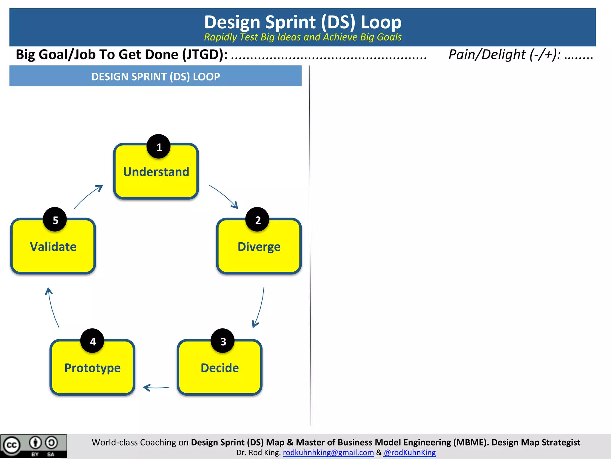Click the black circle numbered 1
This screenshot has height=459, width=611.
(159, 147)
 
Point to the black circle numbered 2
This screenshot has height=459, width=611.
(257, 220)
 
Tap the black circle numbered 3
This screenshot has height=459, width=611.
(223, 341)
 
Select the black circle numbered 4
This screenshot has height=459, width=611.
(92, 341)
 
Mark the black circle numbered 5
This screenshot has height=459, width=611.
(55, 220)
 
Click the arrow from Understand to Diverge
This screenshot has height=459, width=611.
(224, 196)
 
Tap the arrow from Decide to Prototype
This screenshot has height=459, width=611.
(156, 388)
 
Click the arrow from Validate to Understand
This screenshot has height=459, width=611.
(88, 196)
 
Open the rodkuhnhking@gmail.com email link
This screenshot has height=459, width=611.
(328, 452)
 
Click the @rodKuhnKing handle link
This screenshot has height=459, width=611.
(410, 452)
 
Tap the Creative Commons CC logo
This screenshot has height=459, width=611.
(11, 446)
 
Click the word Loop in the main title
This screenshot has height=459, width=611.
(381, 22)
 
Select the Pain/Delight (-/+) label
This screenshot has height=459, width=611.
(504, 55)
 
